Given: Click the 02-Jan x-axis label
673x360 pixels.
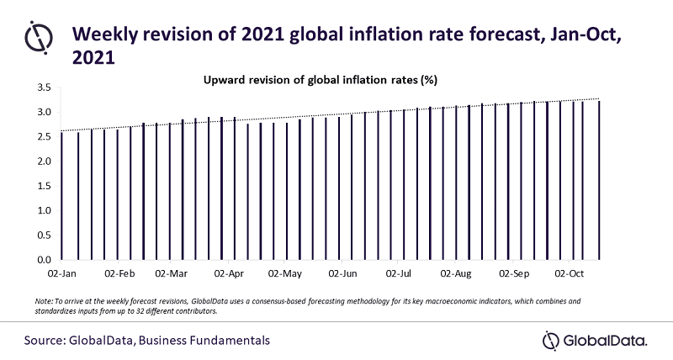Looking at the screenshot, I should coord(62,273).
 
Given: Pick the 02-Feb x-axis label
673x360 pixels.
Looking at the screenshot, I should coord(120,273).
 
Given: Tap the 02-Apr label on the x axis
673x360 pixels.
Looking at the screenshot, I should coord(230,273).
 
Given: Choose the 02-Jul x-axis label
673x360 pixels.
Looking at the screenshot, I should coord(399,273).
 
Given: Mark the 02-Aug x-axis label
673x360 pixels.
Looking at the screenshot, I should coord(456,273).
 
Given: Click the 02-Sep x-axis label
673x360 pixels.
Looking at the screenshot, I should coord(514,273).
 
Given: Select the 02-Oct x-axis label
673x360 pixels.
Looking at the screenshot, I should coord(569,273).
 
